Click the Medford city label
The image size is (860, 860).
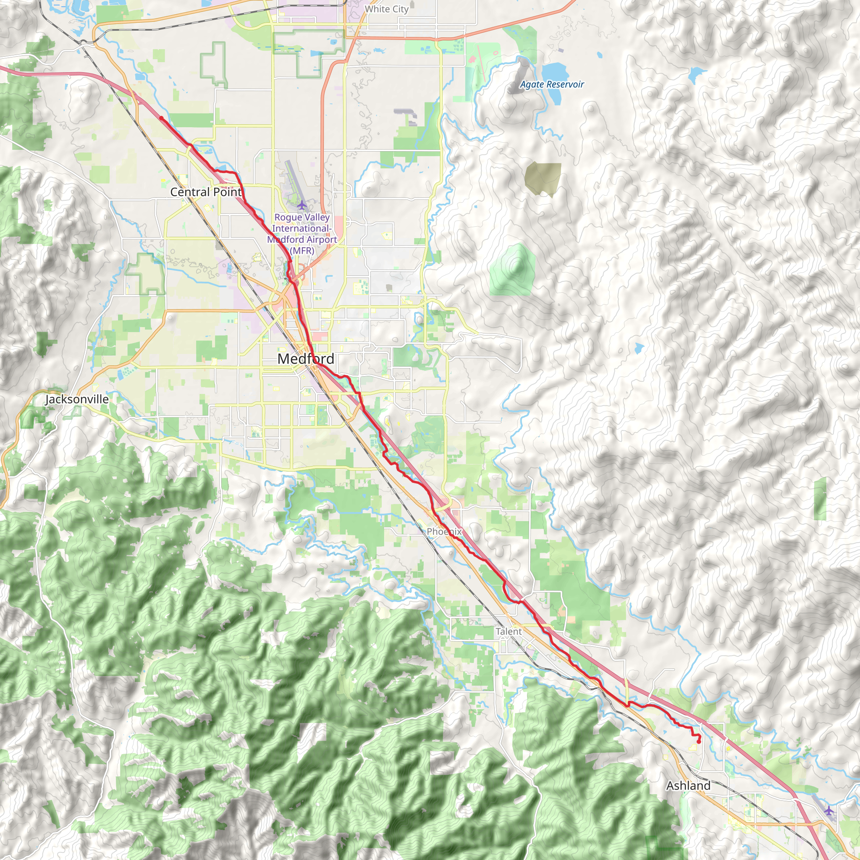[x=305, y=359]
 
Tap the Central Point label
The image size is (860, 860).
[x=206, y=192]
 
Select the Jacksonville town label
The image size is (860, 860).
[x=77, y=399]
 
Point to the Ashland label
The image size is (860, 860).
[x=688, y=786]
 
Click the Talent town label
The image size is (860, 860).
[x=509, y=632]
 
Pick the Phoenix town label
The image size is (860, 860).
[x=444, y=532]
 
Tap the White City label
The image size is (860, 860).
[x=386, y=9]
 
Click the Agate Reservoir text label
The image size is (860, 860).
[x=552, y=84]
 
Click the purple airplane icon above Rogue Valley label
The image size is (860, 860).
[x=302, y=205]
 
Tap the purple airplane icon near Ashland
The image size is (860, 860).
[x=829, y=810]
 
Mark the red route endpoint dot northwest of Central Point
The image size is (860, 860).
[x=161, y=118]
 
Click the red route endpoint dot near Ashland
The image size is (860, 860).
[x=699, y=742]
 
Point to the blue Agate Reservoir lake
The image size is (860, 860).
[x=555, y=71]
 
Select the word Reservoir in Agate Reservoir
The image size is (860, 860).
[x=565, y=84]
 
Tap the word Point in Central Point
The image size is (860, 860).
[x=227, y=192]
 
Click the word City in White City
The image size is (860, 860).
[x=400, y=9]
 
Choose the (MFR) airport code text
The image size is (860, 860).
[x=302, y=250]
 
